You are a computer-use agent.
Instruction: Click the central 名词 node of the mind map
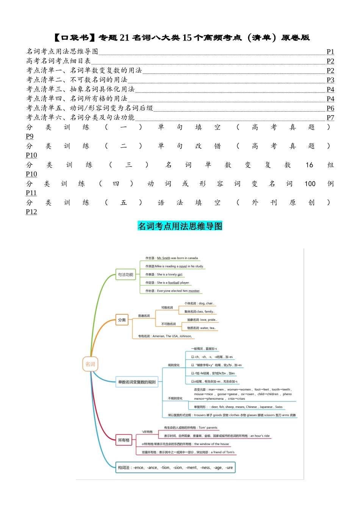point(90,364)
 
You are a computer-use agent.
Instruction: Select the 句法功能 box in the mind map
point(125,275)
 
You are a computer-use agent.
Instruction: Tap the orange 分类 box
point(122,320)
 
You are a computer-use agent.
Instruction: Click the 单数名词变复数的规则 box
point(137,382)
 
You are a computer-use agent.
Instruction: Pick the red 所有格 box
point(124,440)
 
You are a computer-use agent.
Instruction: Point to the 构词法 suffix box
point(175,468)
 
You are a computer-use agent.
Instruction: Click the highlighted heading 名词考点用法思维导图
point(180,226)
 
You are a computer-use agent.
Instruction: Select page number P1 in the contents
point(330,52)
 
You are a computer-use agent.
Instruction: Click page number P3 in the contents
point(330,80)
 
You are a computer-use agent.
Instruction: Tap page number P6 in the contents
point(330,108)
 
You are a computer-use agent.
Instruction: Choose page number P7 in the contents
point(330,118)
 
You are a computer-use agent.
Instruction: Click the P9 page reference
point(30,136)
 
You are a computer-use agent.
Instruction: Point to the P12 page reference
point(31,212)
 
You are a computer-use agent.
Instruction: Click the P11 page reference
point(31,193)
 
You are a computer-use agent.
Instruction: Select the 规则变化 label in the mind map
point(174,365)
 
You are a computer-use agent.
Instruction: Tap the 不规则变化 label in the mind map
point(175,398)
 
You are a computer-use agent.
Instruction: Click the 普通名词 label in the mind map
point(144,316)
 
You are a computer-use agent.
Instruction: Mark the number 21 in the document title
point(125,37)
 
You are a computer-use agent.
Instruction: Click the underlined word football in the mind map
point(174,283)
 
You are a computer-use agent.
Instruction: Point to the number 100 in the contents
point(310,184)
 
